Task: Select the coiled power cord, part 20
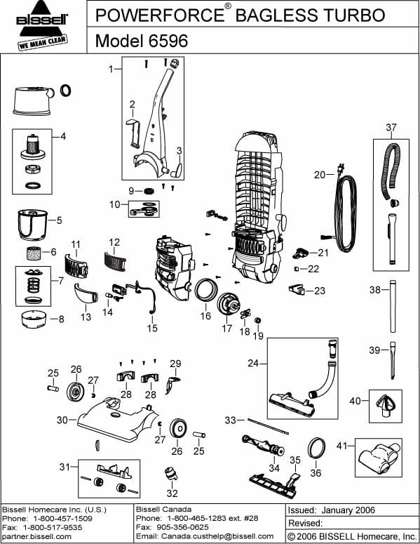point(346,214)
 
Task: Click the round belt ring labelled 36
point(316,446)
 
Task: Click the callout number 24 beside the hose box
point(252,364)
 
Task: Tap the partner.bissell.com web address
point(32,536)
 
